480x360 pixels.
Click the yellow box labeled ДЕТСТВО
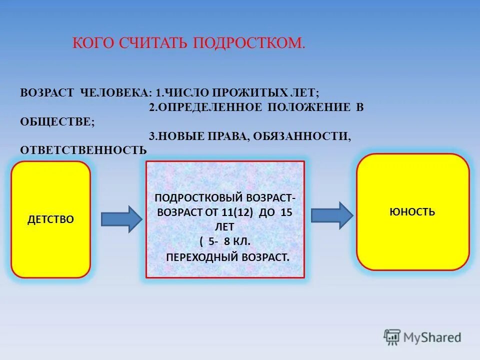click(x=50, y=219)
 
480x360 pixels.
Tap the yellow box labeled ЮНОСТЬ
click(x=412, y=211)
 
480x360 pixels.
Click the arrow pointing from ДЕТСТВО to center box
click(x=121, y=219)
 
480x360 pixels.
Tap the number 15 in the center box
click(x=286, y=212)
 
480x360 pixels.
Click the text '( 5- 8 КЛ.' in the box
click(x=225, y=241)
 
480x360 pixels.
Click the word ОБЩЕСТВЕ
click(x=56, y=121)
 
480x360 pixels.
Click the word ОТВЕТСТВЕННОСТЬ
click(x=83, y=150)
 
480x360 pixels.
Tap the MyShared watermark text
click(x=432, y=337)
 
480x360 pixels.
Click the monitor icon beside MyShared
click(x=392, y=336)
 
